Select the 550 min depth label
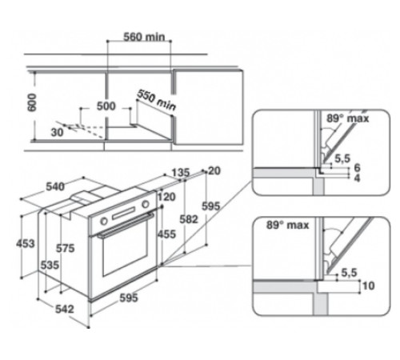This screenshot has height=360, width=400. pos(155,98)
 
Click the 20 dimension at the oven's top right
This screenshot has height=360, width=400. pos(214,170)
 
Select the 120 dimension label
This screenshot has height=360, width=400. pos(166,197)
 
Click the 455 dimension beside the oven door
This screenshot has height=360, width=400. pos(166,234)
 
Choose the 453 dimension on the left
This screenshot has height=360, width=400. pos(27,243)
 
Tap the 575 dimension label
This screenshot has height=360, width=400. pos(67,249)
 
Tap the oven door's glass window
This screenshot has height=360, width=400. pos(121,257)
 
